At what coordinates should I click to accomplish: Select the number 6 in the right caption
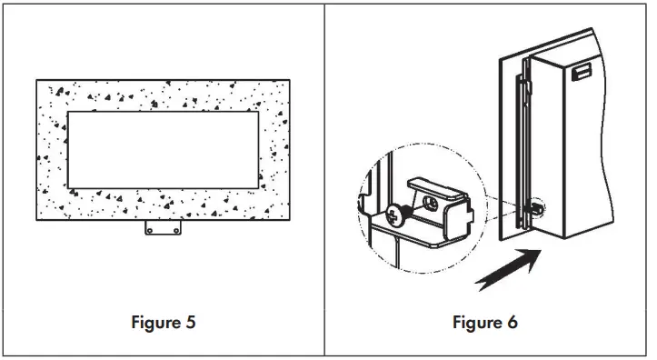coord(513,323)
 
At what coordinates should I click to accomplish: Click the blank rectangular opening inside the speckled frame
coord(163,149)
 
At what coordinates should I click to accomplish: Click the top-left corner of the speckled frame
coord(37,80)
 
